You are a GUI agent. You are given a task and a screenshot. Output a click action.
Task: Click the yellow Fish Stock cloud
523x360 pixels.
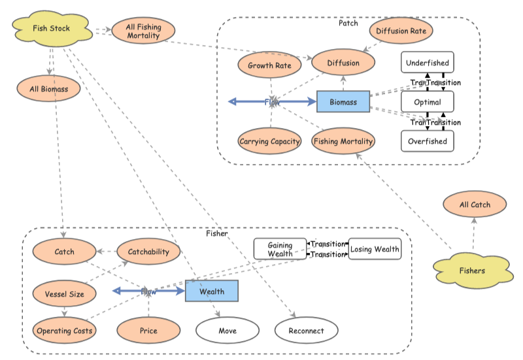[51, 29]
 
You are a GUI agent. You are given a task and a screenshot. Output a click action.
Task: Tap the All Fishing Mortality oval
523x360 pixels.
[144, 30]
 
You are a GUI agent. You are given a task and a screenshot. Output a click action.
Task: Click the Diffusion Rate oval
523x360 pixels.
[401, 31]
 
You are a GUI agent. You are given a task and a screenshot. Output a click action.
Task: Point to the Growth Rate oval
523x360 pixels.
[269, 65]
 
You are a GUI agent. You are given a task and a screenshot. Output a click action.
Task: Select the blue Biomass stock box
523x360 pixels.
[343, 102]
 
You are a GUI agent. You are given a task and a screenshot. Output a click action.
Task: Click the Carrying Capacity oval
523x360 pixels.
[269, 141]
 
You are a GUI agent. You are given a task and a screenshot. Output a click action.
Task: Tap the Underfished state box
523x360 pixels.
[428, 63]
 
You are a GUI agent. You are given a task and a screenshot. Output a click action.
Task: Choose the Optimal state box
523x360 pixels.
[428, 102]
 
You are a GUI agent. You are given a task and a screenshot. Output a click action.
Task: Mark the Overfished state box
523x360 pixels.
[428, 141]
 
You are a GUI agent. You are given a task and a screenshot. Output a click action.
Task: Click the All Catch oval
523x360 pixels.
[475, 205]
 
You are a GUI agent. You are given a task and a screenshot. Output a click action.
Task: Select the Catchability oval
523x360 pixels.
[148, 252]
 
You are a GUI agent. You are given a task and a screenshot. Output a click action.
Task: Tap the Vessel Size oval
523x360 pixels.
[64, 294]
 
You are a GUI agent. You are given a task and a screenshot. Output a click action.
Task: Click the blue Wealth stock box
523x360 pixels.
[212, 291]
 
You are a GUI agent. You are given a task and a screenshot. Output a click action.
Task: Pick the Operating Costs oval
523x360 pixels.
[64, 331]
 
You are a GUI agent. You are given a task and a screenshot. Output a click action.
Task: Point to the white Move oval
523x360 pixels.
[228, 331]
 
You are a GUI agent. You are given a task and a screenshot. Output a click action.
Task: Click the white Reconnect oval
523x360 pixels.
[306, 331]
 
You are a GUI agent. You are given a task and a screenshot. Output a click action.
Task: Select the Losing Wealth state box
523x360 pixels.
[375, 249]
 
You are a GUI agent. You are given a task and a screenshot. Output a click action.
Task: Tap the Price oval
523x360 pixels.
[148, 331]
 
